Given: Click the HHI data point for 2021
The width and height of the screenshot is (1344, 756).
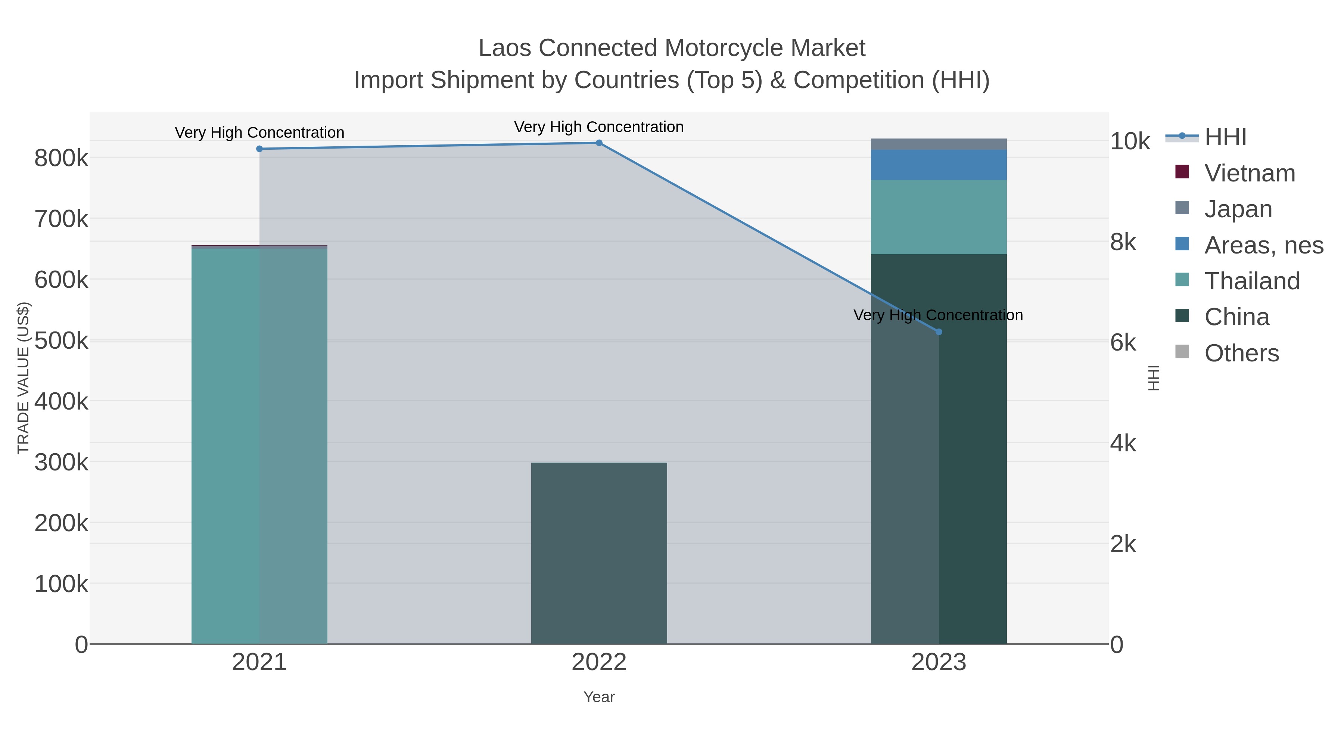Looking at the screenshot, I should pyautogui.click(x=259, y=149).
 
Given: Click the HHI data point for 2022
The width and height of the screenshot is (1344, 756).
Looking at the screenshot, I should pyautogui.click(x=599, y=143).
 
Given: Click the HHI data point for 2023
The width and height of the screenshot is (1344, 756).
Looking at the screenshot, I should pyautogui.click(x=939, y=332).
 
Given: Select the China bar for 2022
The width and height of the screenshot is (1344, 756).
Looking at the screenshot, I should pyautogui.click(x=599, y=553).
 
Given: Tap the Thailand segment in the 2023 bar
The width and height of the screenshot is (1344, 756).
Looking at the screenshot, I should pyautogui.click(x=939, y=217).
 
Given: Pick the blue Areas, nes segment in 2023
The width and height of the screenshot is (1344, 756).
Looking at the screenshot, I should pyautogui.click(x=939, y=165).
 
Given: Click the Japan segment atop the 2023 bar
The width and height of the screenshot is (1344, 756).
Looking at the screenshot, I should pyautogui.click(x=939, y=144).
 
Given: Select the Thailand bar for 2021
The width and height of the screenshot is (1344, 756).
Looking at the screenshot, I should pyautogui.click(x=259, y=444).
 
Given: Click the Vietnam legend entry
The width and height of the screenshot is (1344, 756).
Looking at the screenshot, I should pyautogui.click(x=1249, y=173).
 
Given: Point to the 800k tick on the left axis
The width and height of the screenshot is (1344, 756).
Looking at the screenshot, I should pyautogui.click(x=61, y=158).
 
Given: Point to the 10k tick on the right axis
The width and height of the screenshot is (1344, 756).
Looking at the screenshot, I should pyautogui.click(x=1130, y=141).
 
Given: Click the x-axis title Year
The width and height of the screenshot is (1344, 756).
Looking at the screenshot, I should pyautogui.click(x=599, y=697).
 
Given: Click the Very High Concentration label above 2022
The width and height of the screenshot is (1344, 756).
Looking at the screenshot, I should pyautogui.click(x=599, y=127).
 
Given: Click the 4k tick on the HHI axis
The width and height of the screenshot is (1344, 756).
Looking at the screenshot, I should pyautogui.click(x=1123, y=444).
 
